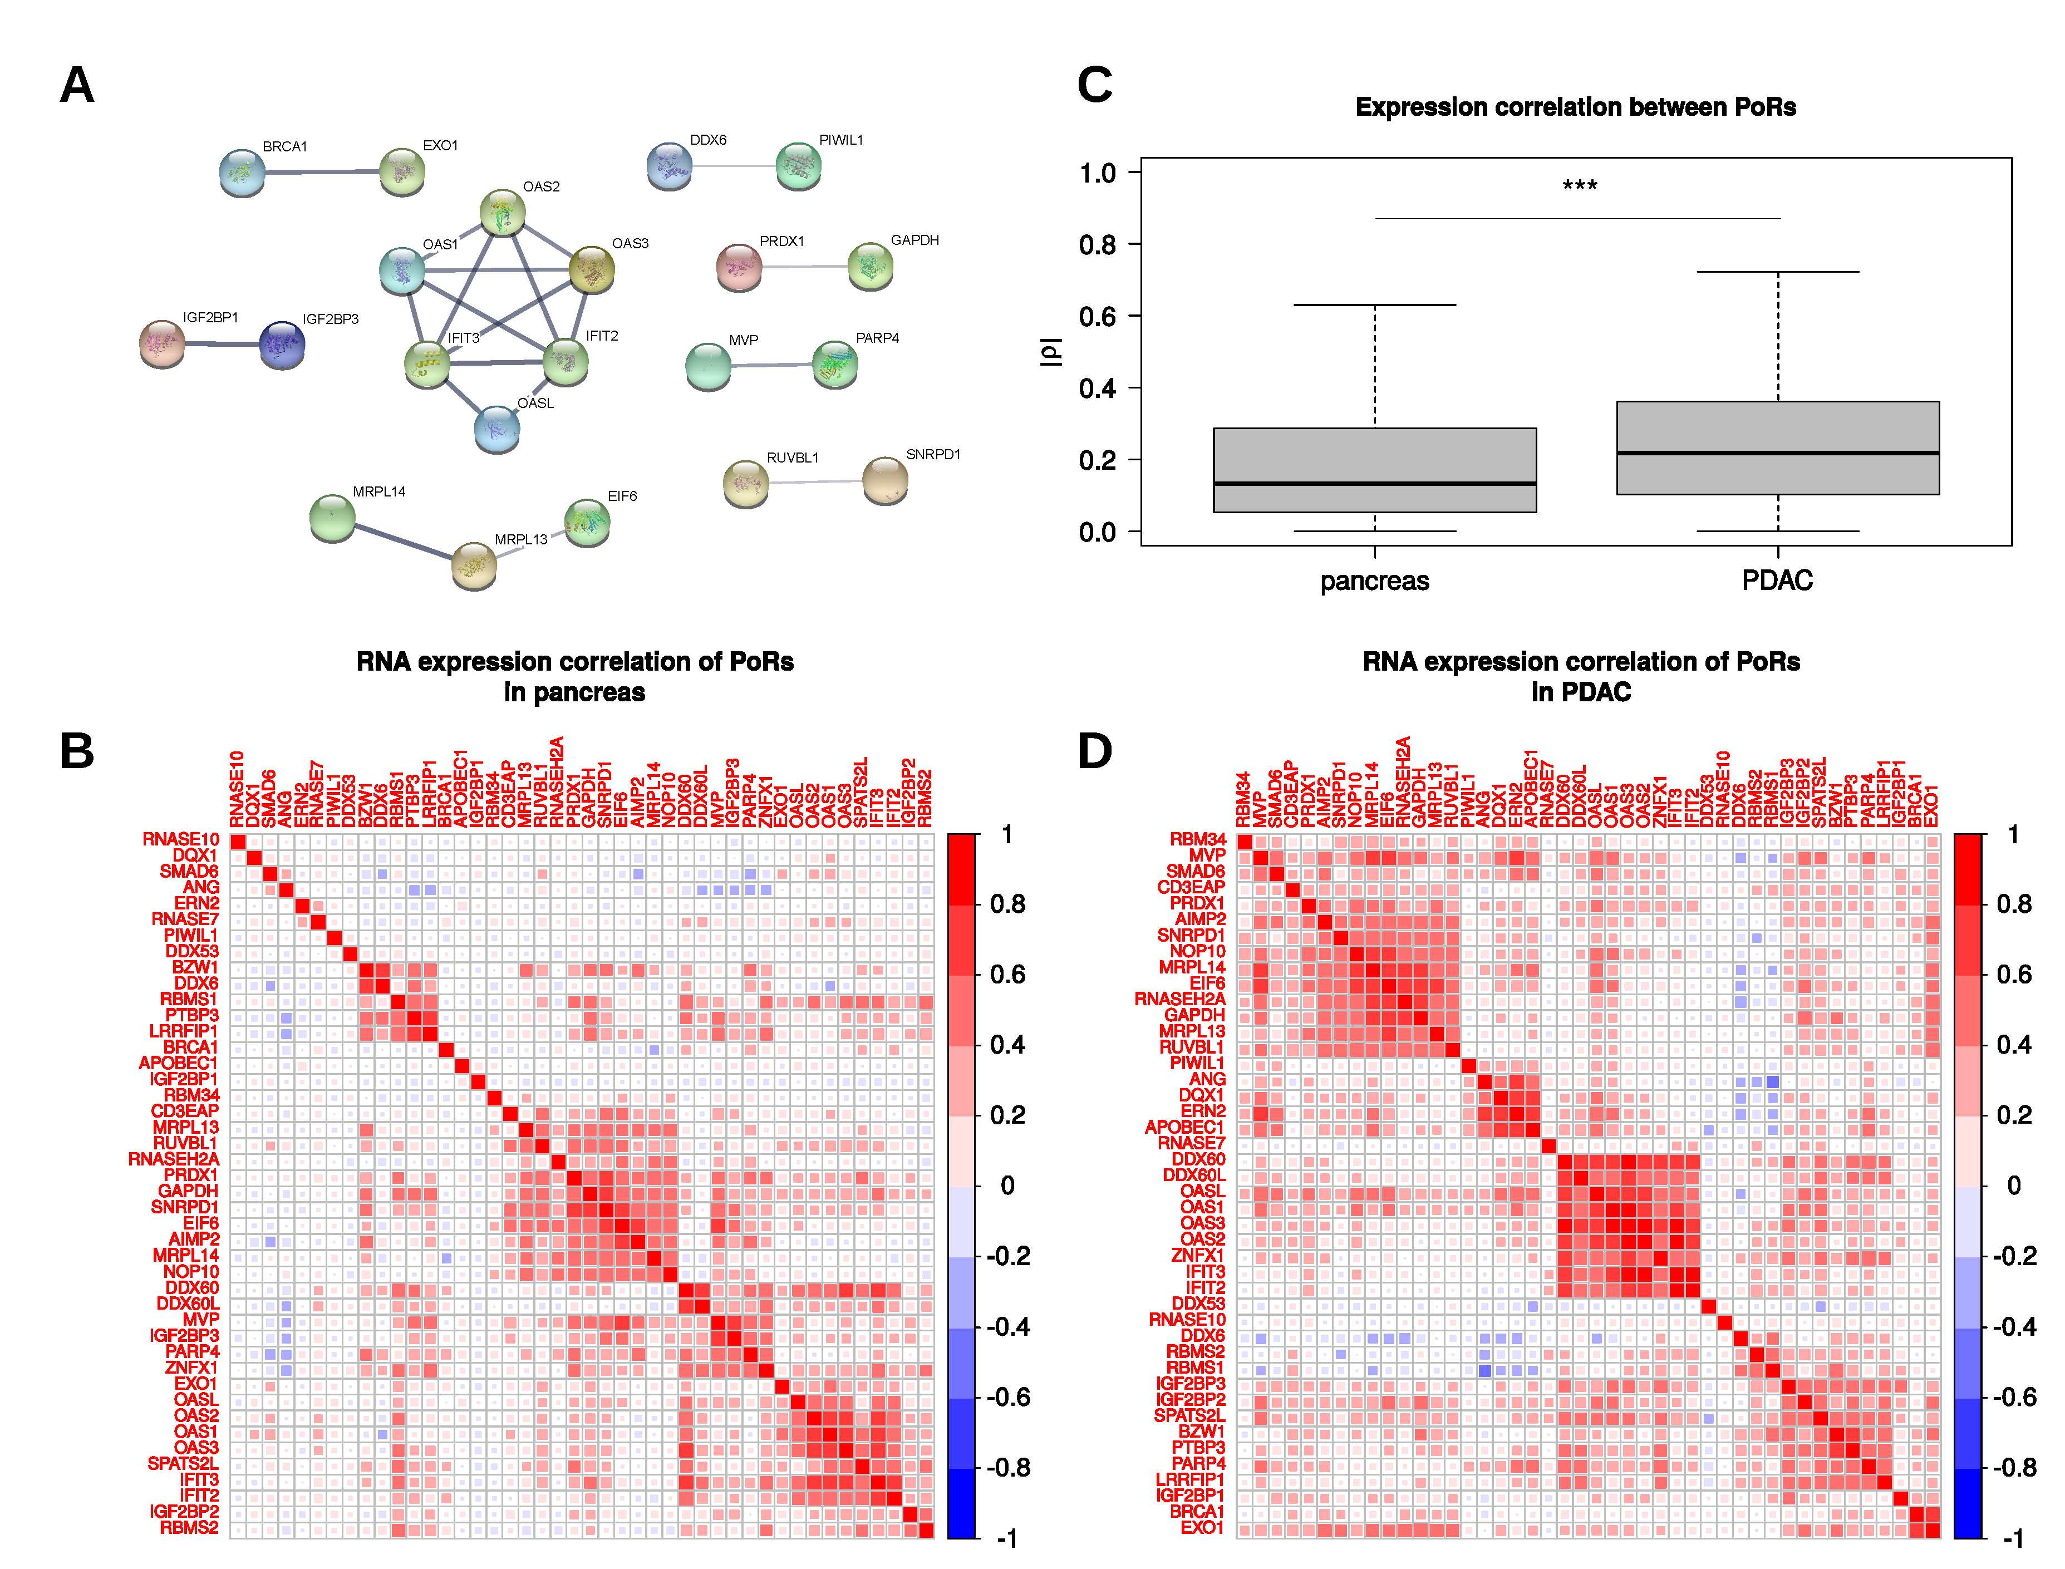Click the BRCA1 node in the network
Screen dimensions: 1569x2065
242,172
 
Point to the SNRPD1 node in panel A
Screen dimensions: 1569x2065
884,479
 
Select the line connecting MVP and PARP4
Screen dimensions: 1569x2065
771,364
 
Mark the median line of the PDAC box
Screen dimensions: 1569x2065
1777,453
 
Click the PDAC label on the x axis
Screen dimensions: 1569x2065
1777,581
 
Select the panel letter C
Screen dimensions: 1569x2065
1095,85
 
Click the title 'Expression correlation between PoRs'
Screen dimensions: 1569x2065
1576,107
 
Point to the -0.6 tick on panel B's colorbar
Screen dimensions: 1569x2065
1008,1397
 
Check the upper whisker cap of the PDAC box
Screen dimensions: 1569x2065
1777,272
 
